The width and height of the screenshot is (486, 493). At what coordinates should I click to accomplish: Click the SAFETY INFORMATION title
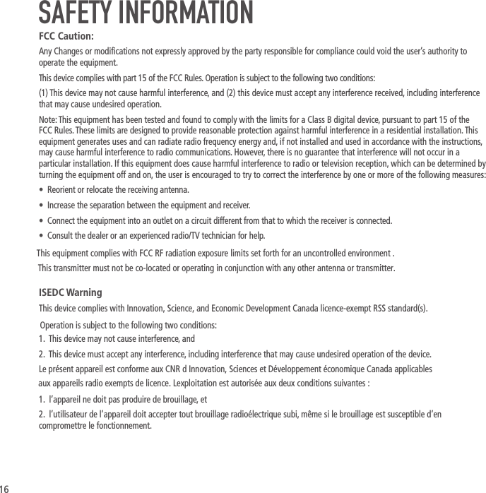click(146, 13)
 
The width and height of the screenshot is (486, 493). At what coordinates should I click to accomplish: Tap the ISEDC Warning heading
click(71, 292)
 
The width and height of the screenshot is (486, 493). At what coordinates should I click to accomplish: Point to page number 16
click(5, 488)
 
